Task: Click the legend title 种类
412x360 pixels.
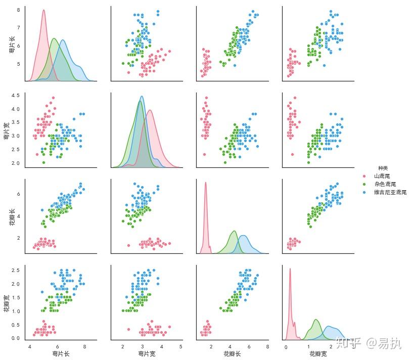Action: click(x=383, y=168)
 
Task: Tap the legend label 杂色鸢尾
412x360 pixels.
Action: click(x=386, y=184)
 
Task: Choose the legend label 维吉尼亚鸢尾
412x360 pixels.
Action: click(x=390, y=193)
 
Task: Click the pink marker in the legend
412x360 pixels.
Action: click(x=367, y=176)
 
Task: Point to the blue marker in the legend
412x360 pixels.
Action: click(x=367, y=193)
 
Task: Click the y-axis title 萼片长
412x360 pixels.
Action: click(x=12, y=46)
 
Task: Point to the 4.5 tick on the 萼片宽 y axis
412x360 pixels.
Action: click(x=15, y=96)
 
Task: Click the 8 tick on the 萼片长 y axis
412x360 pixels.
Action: click(x=19, y=10)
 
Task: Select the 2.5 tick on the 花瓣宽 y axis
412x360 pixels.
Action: click(x=15, y=270)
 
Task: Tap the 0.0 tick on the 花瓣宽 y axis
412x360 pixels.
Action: click(x=15, y=338)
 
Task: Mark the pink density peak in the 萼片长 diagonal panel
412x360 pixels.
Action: click(x=43, y=11)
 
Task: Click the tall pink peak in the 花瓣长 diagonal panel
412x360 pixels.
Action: click(x=206, y=183)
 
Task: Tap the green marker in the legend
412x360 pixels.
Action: click(x=367, y=184)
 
